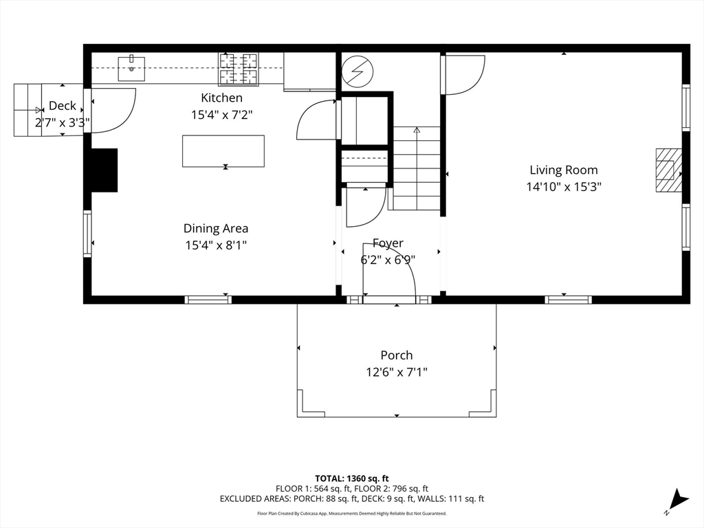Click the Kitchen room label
coord(222,98)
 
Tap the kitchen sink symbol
coord(131,69)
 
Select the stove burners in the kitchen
coord(239,69)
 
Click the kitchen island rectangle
coord(223,151)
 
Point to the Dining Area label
coord(216,228)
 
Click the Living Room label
coord(564,170)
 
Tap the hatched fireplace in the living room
coord(668,170)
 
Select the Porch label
coord(397,355)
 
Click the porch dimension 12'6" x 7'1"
coord(397,372)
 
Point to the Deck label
coord(63,105)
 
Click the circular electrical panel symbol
coord(357,71)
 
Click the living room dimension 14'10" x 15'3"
coord(564,187)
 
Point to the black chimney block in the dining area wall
coord(104,170)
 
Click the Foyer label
coord(388,243)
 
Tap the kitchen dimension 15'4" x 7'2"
coord(222,115)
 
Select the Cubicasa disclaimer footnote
coord(351,513)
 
